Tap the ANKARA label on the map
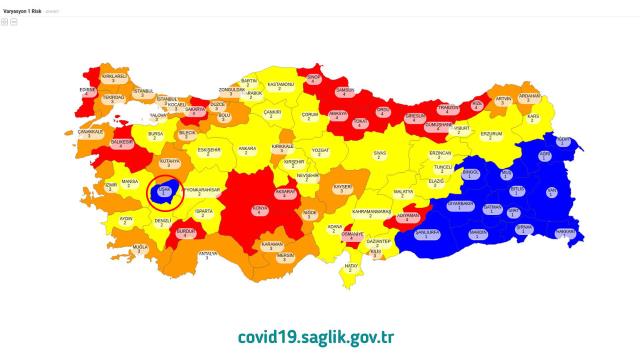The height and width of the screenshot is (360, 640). pos(247,151)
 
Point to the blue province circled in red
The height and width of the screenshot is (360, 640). pos(162,191)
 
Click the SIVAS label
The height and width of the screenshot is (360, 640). pos(379,155)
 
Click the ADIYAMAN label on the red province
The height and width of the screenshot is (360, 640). pos(407,216)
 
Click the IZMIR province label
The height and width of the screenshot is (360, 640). pos(112,185)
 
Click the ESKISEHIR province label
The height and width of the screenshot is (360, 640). pos(209,152)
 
